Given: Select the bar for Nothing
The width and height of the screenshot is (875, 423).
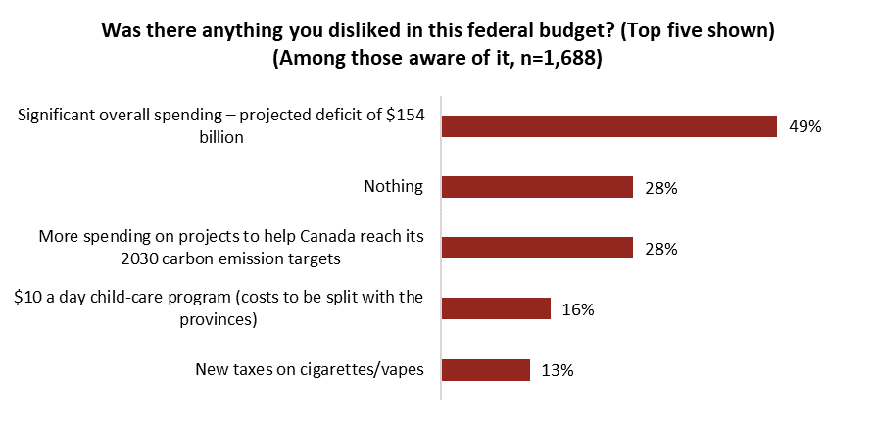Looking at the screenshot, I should point(538,187).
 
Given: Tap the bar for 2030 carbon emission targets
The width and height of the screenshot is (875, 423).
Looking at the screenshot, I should point(538,248).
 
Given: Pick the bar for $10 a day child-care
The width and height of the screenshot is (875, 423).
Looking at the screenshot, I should point(497,308).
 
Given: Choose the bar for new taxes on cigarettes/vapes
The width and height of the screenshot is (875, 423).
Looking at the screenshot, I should point(486,369).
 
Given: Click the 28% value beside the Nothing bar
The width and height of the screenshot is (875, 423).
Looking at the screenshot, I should point(661,188).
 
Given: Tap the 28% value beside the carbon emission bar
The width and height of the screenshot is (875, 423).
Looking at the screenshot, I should point(661,249).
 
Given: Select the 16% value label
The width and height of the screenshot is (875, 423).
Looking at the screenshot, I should point(579,309).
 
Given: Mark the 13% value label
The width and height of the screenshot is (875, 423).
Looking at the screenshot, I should point(558,370).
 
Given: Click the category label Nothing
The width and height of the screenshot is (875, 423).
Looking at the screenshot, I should point(393,187).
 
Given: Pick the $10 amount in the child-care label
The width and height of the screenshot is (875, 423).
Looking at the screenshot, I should point(28,298).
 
